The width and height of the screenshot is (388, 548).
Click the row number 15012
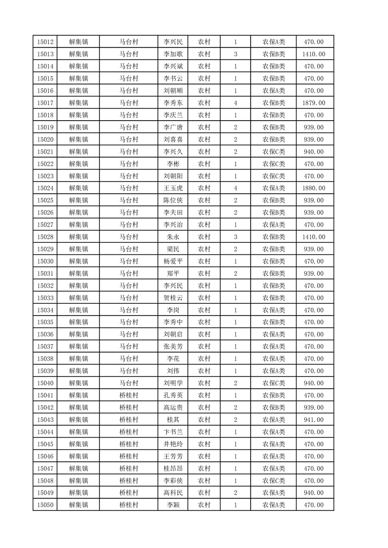point(45,42)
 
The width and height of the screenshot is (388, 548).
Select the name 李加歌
point(173,54)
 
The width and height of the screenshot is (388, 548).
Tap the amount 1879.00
point(314,103)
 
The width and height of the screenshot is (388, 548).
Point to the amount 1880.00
point(314,188)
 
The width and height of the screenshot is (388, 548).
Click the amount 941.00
point(314,420)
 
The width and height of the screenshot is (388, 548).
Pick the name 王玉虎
point(173,188)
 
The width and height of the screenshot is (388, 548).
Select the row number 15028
point(45,237)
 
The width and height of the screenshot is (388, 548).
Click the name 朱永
point(173,237)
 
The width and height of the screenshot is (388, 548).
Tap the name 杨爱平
point(173,261)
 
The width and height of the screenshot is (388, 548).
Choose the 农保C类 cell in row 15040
point(274,383)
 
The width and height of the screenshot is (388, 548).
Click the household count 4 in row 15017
point(235,103)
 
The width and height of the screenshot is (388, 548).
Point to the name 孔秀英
point(173,395)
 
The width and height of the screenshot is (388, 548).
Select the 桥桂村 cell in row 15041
point(129,395)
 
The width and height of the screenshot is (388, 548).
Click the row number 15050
point(45,505)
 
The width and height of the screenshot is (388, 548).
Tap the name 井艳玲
point(173,444)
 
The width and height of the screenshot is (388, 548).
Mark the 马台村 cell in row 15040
point(129,383)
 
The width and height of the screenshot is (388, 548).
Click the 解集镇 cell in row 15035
point(78,322)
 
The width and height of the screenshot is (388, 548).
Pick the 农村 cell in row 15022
point(204,164)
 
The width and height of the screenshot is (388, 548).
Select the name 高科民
point(173,493)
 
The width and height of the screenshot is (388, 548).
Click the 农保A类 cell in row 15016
point(274,91)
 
